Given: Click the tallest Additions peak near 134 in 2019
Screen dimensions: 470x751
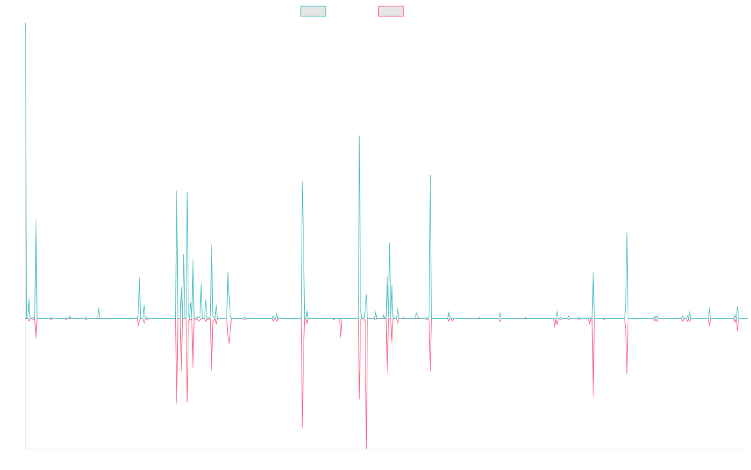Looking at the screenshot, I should click(x=359, y=137).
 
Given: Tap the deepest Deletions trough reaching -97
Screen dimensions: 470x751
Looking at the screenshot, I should click(x=366, y=448).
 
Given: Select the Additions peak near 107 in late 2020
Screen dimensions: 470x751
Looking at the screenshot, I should click(x=431, y=175).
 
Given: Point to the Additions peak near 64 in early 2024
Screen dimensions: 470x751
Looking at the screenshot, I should click(x=627, y=234).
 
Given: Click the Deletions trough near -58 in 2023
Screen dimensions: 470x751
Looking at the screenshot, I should click(x=593, y=397).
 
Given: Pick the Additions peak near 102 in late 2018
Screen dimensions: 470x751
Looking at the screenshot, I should click(x=302, y=182).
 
